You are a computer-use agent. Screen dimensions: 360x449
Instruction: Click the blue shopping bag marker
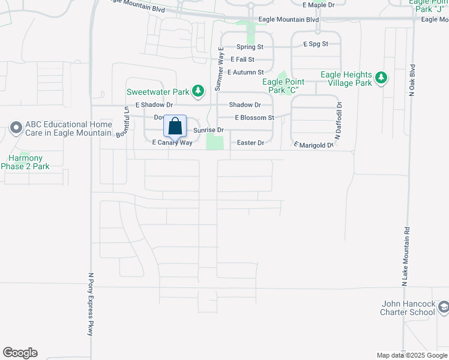pos(175,127)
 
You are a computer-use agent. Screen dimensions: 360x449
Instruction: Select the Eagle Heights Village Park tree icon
pos(381,78)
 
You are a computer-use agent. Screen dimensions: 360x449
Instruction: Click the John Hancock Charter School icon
pos(443,308)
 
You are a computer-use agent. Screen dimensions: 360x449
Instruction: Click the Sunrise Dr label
pos(208,130)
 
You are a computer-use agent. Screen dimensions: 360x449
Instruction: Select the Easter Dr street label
pos(250,143)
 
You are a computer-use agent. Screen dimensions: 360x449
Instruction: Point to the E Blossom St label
pos(255,118)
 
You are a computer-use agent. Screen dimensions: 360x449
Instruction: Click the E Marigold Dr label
pos(313,144)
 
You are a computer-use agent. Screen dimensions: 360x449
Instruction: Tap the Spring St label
pos(250,47)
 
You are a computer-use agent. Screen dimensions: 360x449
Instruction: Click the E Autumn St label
pos(246,72)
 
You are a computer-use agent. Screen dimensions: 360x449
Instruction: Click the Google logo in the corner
pos(20,353)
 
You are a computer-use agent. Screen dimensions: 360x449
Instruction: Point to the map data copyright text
pos(411,355)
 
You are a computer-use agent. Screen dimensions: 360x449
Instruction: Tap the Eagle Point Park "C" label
pos(282,86)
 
